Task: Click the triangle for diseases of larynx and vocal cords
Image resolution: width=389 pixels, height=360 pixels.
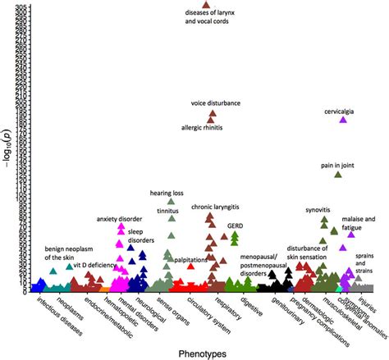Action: click(x=206, y=6)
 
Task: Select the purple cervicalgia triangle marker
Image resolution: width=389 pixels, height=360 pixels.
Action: click(x=343, y=120)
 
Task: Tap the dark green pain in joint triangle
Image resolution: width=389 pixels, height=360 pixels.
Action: click(x=337, y=175)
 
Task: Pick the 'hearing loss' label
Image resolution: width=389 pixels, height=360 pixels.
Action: click(x=167, y=193)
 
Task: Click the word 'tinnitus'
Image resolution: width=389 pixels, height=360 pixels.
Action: click(x=168, y=209)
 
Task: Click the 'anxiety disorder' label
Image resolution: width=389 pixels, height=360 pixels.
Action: click(x=113, y=219)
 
